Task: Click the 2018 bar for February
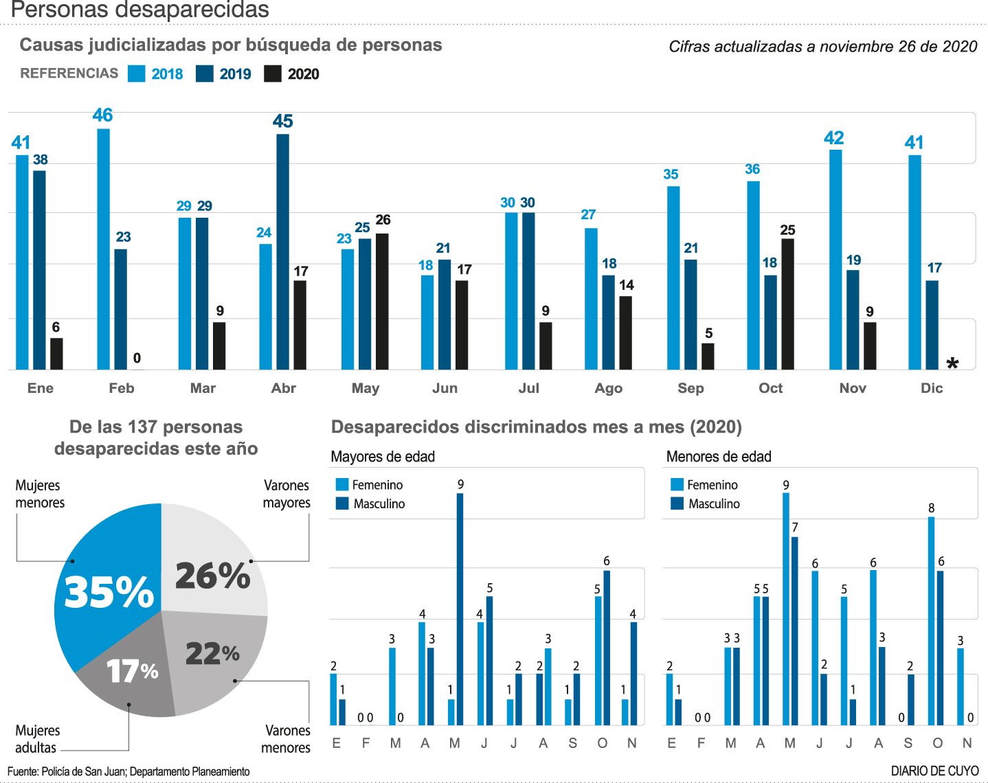(103, 249)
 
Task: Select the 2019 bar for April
(282, 251)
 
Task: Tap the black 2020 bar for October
(787, 304)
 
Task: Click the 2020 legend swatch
(273, 74)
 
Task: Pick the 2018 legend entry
(156, 74)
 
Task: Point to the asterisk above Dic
(952, 364)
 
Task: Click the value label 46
(102, 115)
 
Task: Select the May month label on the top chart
(365, 388)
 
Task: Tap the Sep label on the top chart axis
(691, 388)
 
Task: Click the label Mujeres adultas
(37, 739)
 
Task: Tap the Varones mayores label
(287, 494)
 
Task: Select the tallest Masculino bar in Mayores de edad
(460, 609)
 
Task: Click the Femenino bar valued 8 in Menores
(931, 620)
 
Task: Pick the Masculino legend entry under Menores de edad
(706, 503)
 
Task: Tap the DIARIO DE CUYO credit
(934, 771)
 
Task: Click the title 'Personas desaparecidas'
(139, 10)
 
